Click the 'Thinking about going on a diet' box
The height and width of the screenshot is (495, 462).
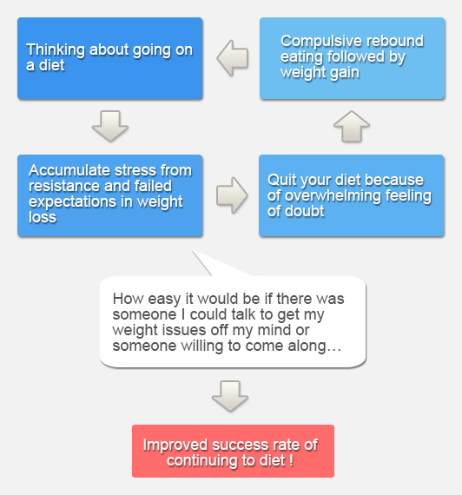110,58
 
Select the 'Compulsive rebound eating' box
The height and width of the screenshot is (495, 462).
352,58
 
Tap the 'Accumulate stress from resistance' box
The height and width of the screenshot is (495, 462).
110,195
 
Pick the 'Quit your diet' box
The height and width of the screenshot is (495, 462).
352,195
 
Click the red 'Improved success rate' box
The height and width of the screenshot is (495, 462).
233,451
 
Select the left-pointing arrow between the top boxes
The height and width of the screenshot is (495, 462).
233,58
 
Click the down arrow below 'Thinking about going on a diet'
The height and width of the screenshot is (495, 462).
110,126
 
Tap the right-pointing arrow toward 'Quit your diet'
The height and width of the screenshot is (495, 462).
232,195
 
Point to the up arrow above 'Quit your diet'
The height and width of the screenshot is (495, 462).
352,126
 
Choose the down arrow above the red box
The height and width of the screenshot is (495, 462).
230,396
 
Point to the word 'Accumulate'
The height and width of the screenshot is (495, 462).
69,170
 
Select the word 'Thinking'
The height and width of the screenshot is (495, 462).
56,50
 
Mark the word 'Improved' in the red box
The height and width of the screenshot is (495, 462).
175,445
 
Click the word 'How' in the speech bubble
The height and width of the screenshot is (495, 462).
129,299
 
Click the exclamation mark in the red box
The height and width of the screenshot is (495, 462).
291,460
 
